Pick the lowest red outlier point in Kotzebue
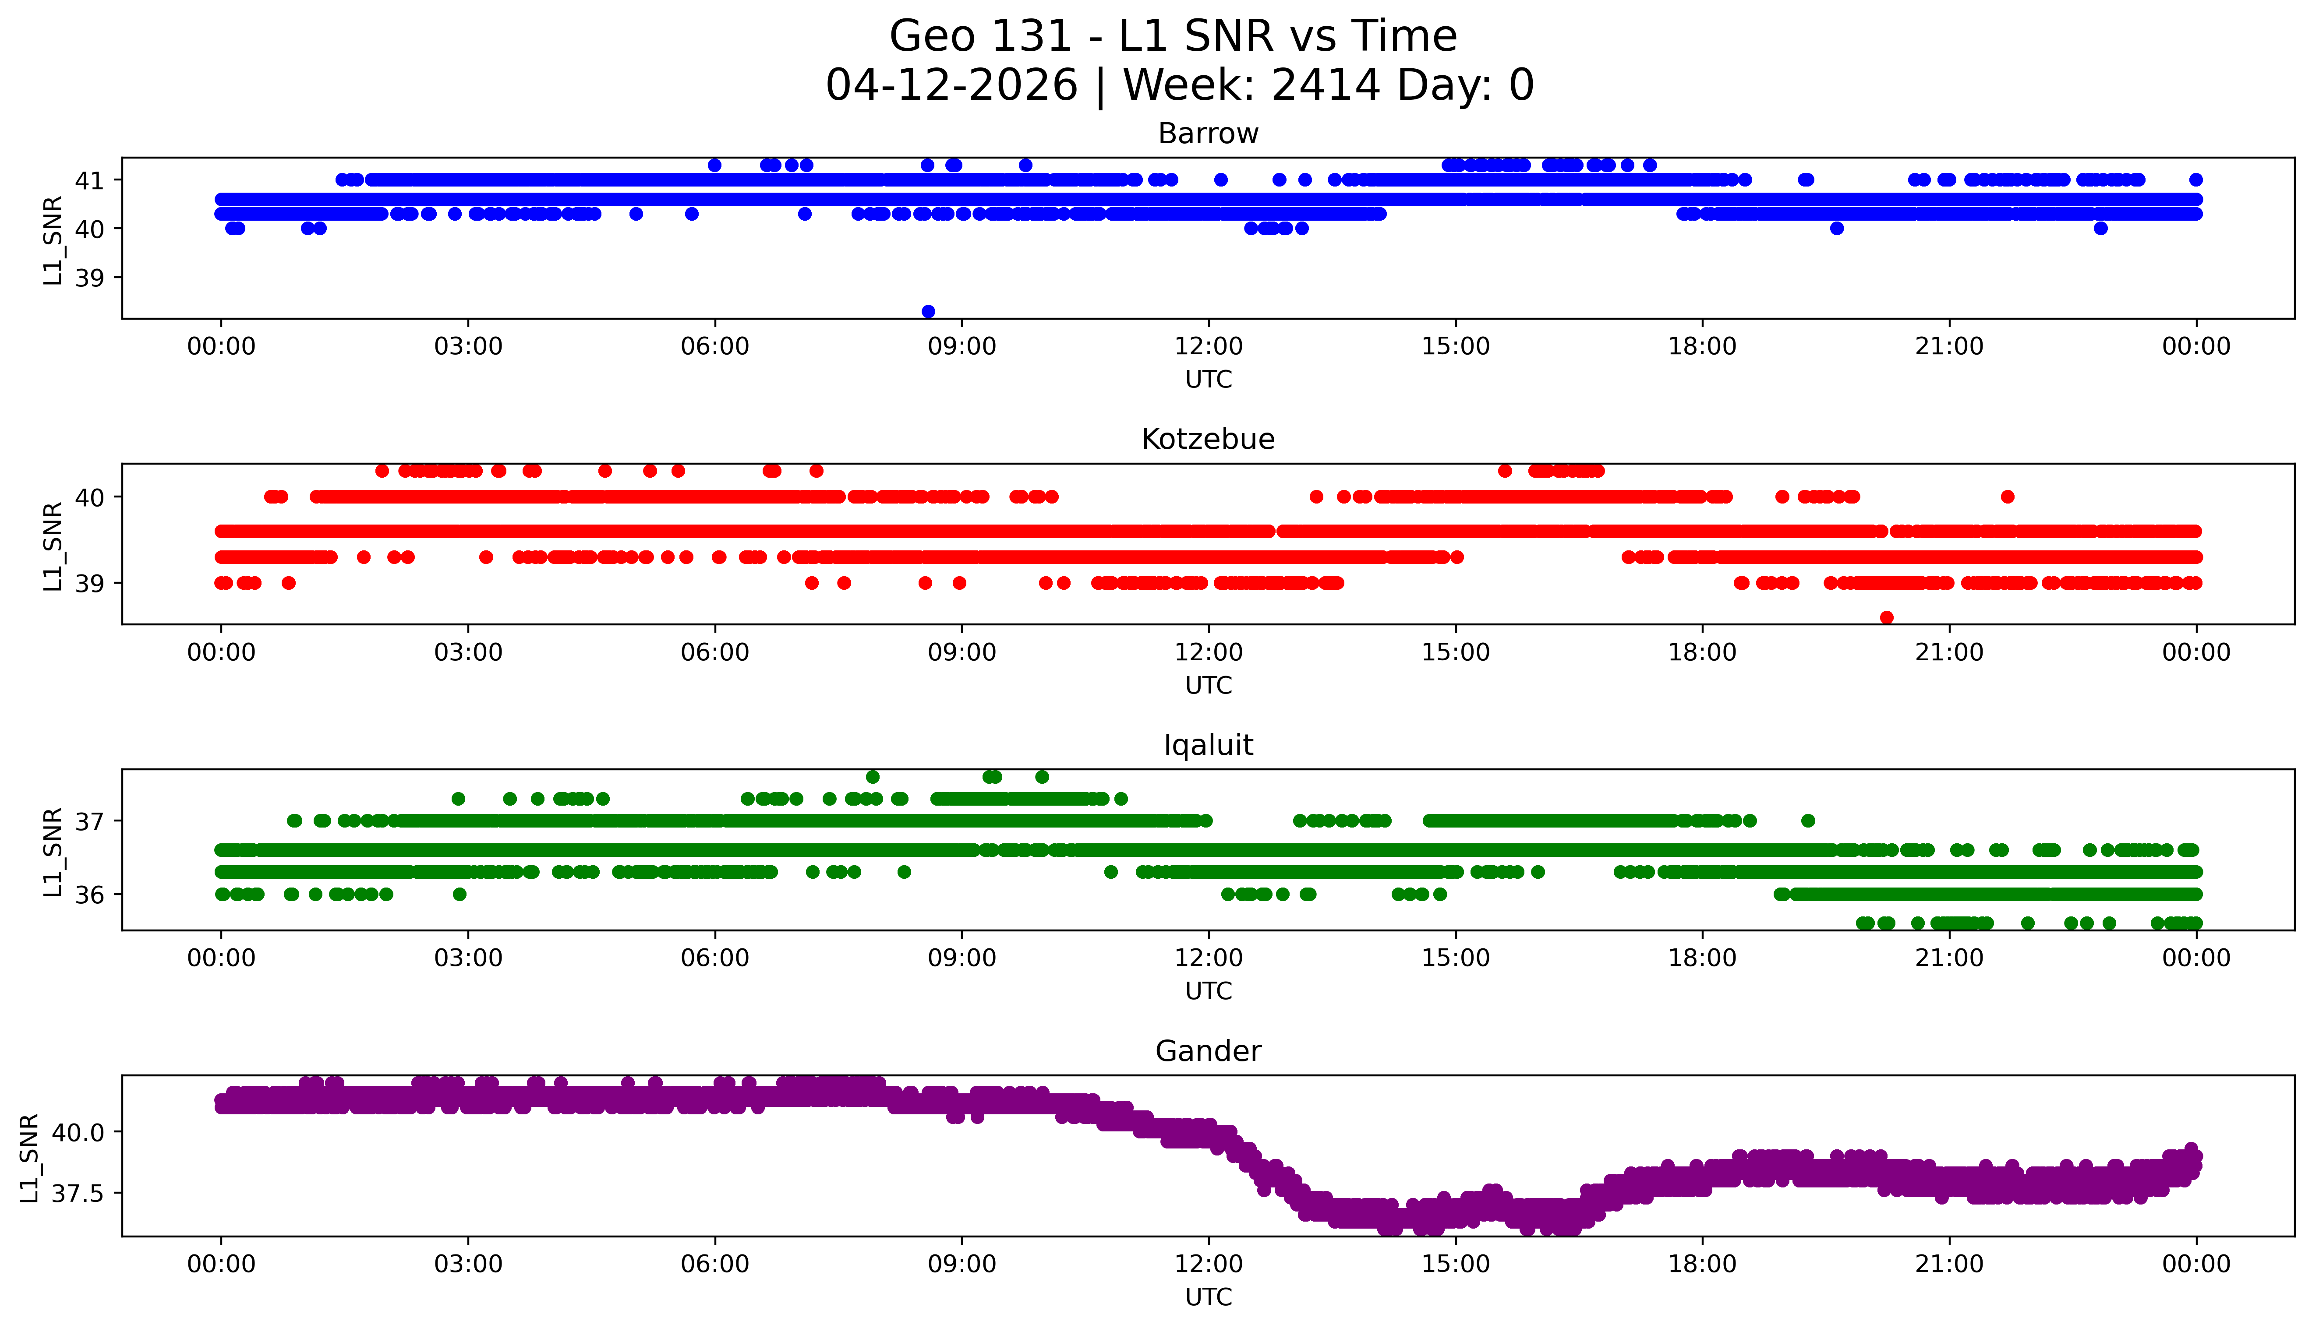click(x=1887, y=617)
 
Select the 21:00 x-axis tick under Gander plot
click(x=1949, y=1264)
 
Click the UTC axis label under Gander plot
click(x=1208, y=1297)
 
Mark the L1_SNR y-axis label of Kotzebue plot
click(x=53, y=546)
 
